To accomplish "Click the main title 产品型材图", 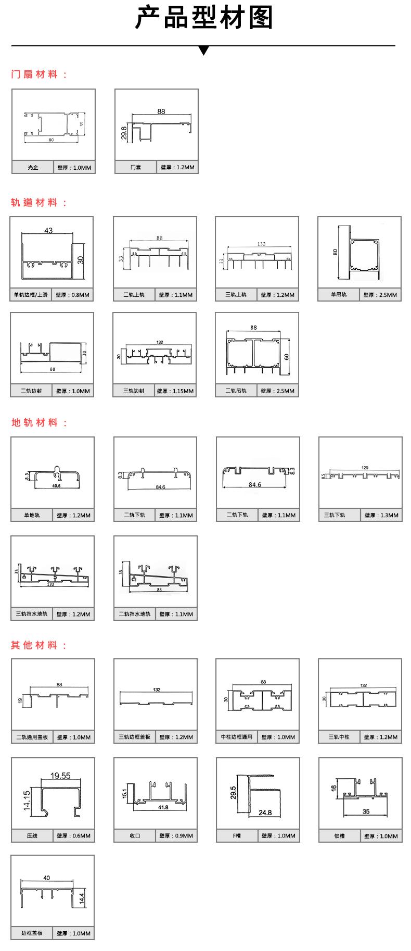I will tap(204, 18).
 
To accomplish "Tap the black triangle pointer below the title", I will tap(204, 51).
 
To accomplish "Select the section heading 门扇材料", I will tap(39, 74).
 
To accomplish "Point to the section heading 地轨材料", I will tap(39, 423).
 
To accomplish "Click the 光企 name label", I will tap(33, 168).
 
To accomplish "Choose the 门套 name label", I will tap(135, 168).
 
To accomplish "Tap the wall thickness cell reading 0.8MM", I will tap(73, 295).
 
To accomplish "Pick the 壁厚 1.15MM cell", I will tap(176, 391).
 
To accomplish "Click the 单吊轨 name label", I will tap(339, 295).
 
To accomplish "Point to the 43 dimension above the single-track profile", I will tap(48, 230).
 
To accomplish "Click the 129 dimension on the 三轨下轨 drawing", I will tap(365, 468).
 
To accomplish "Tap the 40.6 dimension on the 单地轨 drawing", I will tap(56, 485).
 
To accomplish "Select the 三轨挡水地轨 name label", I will tap(31, 614).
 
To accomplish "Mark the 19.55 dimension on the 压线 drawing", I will tap(60, 775).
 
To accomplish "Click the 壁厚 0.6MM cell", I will tap(73, 836).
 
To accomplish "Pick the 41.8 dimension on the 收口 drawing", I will tap(163, 808).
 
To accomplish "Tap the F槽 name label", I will tap(237, 836).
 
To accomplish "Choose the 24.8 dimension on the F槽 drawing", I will tap(265, 812).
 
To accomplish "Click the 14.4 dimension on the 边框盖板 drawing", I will tap(81, 898).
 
